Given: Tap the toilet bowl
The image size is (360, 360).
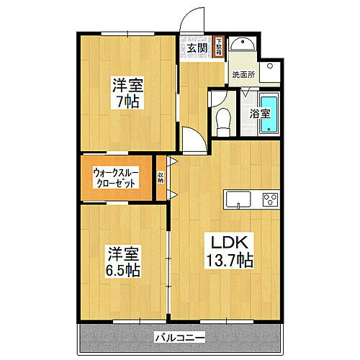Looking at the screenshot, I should [222, 121].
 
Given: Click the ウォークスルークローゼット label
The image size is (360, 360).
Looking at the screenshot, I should [117, 178].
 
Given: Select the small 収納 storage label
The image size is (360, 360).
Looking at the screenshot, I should [161, 179].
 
